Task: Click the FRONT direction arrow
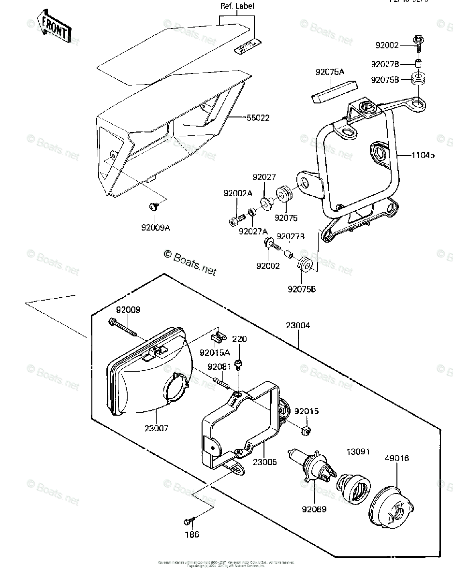[x=48, y=28]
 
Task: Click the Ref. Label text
[x=237, y=6]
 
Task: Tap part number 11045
[x=423, y=155]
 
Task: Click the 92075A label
[x=330, y=72]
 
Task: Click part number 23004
[x=298, y=326]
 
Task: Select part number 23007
[x=156, y=428]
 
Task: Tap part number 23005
[x=264, y=462]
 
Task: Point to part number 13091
[x=358, y=452]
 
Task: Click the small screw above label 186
[x=189, y=521]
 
